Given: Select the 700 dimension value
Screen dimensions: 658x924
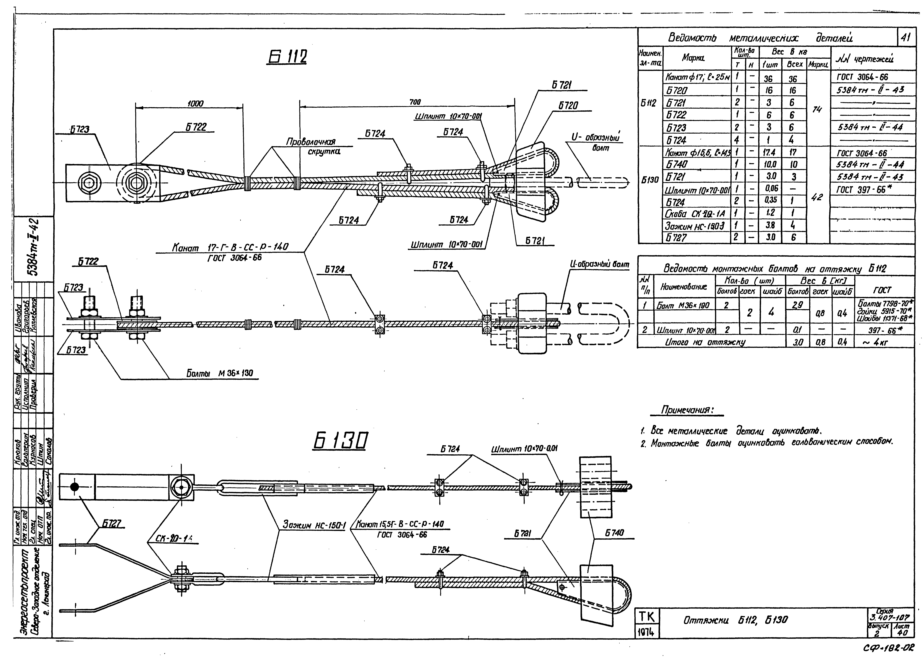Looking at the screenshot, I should [x=415, y=102].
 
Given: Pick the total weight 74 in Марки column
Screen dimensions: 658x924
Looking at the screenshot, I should [x=817, y=109].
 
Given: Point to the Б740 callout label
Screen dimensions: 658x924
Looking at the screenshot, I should [x=614, y=533].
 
